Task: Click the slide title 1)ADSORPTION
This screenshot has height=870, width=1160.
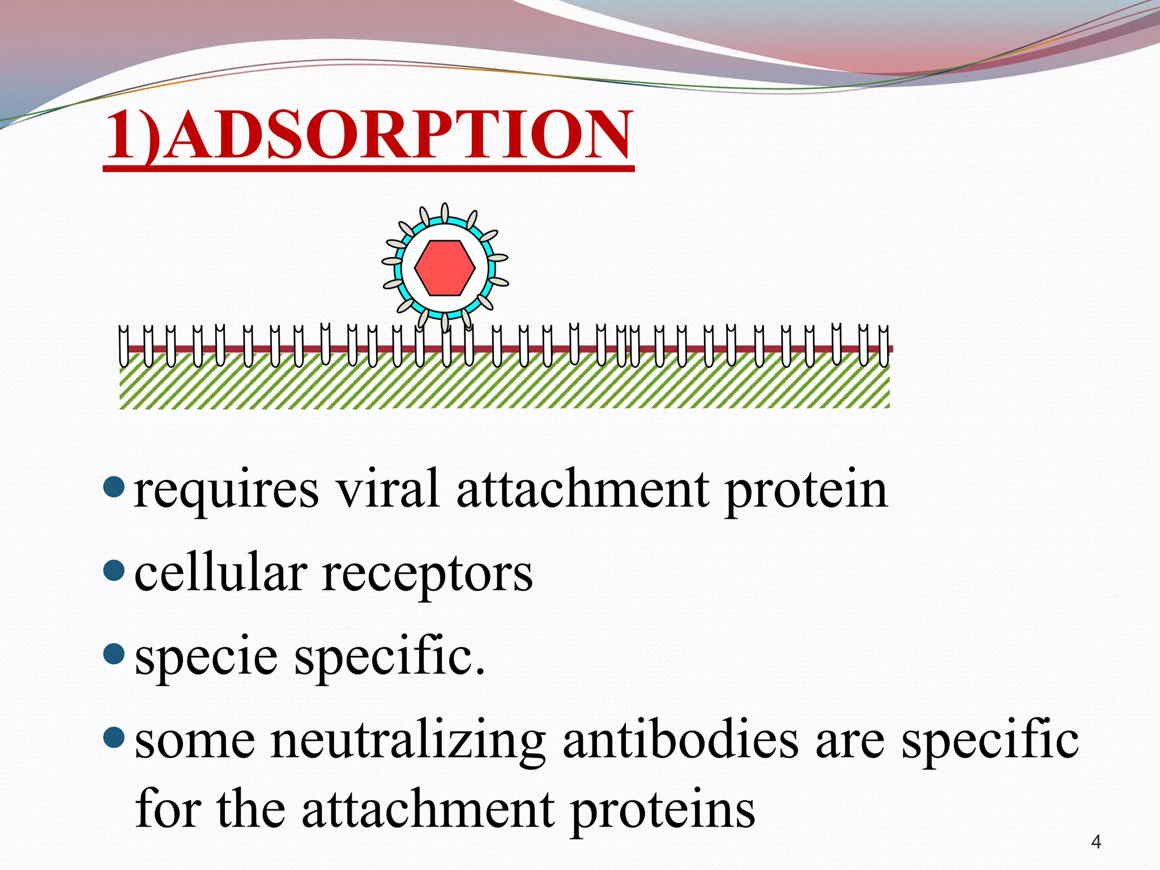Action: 368,136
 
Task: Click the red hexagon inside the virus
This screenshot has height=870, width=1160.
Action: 445,268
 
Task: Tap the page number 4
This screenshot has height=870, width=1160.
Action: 1096,842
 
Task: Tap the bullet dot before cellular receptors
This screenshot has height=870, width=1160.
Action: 114,570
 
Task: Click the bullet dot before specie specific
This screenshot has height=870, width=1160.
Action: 114,654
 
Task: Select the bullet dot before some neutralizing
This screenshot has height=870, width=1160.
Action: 114,737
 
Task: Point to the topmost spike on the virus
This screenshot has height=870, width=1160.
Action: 445,213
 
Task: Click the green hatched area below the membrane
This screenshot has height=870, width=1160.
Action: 504,385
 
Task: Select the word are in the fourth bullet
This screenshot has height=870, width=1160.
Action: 850,742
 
